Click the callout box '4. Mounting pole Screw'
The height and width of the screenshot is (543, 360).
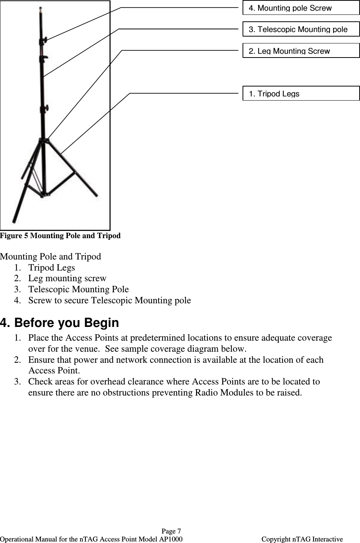pos(301,8)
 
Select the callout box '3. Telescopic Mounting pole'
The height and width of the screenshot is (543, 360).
pos(301,29)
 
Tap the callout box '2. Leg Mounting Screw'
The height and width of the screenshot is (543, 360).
pos(301,51)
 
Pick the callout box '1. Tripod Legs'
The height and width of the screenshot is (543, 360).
pos(301,93)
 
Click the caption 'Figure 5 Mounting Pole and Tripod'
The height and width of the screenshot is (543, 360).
pos(60,236)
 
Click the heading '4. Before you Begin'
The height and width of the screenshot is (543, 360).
pos(59,323)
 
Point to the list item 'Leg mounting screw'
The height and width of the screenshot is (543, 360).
pos(67,279)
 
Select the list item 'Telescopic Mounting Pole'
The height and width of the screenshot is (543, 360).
pos(78,290)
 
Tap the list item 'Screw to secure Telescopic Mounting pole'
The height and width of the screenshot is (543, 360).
pos(109,301)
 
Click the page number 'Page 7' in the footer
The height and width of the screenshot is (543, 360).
pos(171,531)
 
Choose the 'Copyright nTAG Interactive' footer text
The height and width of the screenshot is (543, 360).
pos(302,539)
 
